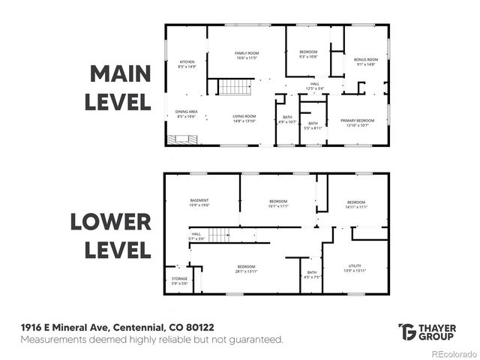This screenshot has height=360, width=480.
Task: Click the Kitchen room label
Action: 187,64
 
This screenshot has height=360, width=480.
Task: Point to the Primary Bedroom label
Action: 357,122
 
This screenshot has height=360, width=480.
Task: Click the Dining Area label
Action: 186,114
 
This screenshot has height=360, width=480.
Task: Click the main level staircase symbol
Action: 233,87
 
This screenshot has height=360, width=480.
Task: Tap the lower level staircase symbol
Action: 217,235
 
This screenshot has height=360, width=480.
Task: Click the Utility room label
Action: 355,268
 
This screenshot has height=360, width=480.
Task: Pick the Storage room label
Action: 179,280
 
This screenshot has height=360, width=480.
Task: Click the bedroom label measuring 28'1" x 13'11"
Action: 247,269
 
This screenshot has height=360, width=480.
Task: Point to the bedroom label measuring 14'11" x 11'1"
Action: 355,205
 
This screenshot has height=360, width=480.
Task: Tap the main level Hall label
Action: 315,85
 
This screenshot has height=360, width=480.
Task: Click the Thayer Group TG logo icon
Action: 407,331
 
